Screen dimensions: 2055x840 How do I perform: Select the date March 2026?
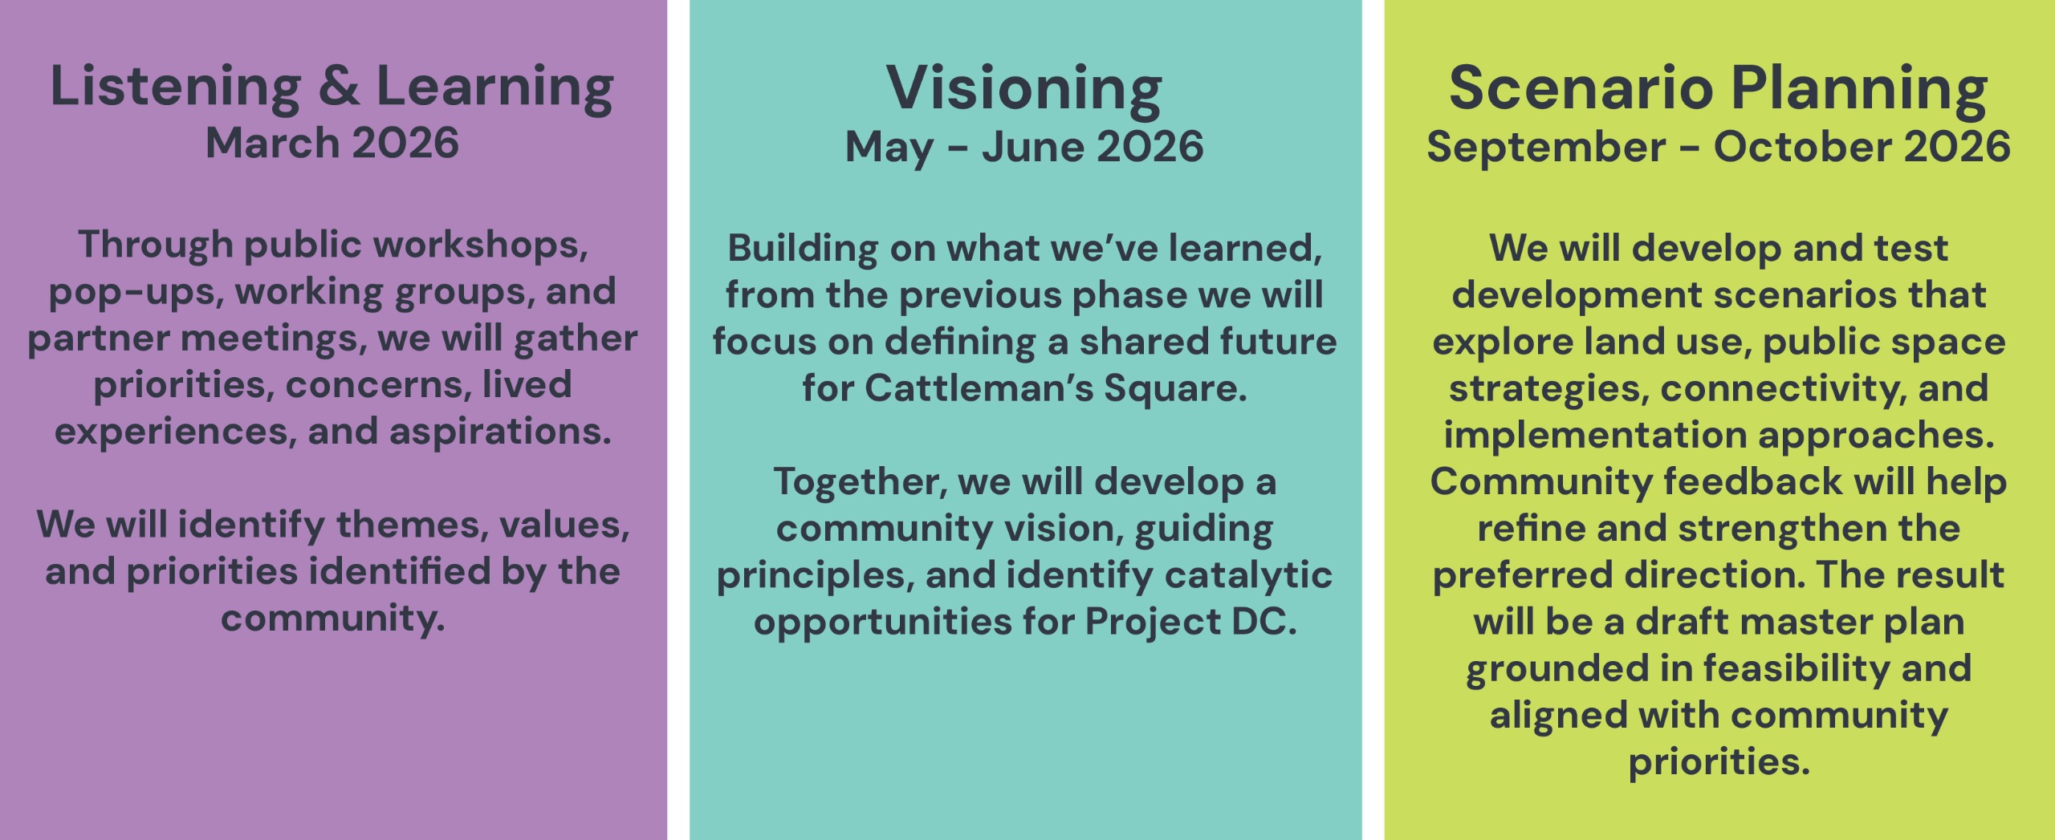[x=332, y=144]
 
